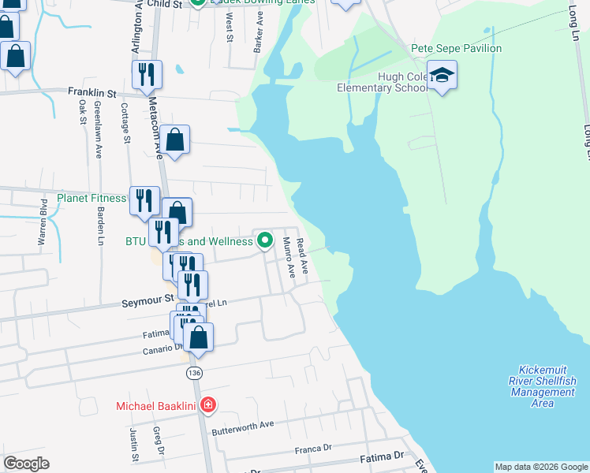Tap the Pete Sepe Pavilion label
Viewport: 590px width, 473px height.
(x=456, y=48)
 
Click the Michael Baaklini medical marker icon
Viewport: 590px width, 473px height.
(x=207, y=405)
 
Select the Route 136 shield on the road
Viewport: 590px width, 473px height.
(x=193, y=371)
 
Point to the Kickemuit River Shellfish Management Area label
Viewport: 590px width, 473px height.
(x=543, y=386)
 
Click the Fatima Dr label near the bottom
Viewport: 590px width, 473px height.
(x=382, y=456)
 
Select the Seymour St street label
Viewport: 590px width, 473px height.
(x=147, y=301)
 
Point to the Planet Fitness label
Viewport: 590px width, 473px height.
(x=91, y=198)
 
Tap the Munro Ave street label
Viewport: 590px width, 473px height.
(x=289, y=258)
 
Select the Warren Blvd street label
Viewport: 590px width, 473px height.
(x=43, y=223)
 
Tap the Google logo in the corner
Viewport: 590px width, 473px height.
(x=26, y=463)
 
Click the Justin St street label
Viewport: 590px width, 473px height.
(x=133, y=444)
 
